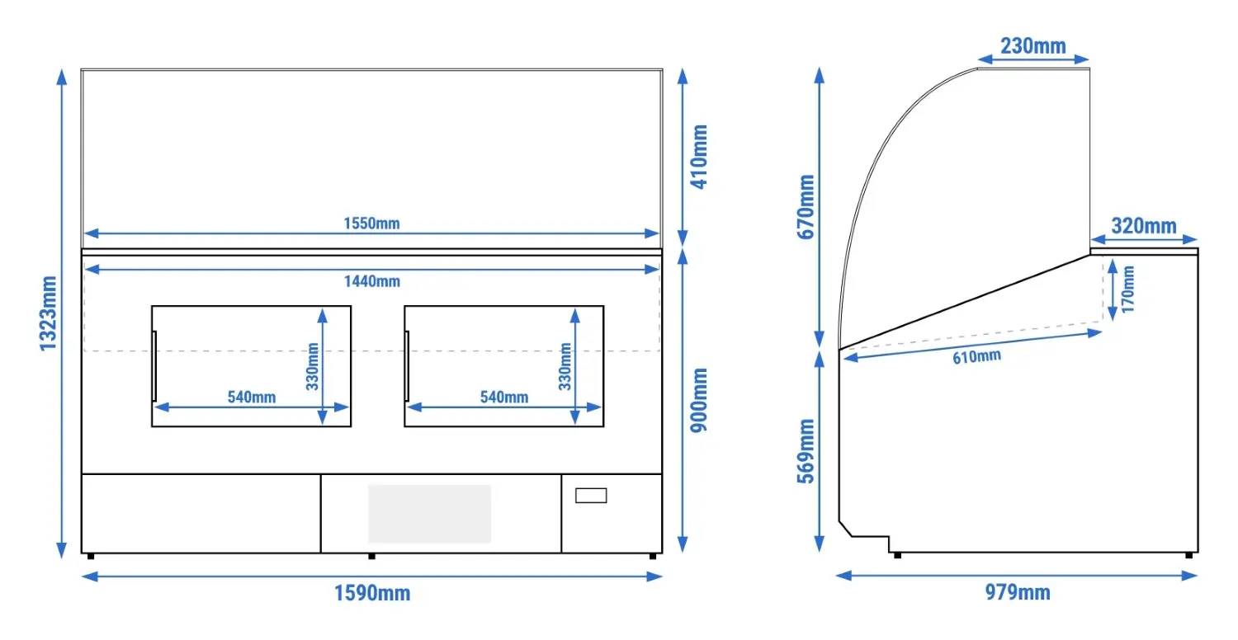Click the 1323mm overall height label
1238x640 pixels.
tap(48, 313)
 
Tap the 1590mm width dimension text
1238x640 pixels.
tap(372, 593)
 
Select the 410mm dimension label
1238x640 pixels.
tap(699, 157)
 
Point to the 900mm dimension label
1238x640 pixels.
tap(699, 400)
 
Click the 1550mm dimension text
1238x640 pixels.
tap(371, 223)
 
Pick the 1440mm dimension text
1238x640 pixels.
tap(372, 281)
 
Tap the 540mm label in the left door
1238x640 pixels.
tap(252, 397)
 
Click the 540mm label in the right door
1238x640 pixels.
tap(504, 397)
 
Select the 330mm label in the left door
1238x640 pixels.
tap(313, 367)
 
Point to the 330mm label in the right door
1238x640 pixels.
tap(565, 367)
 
